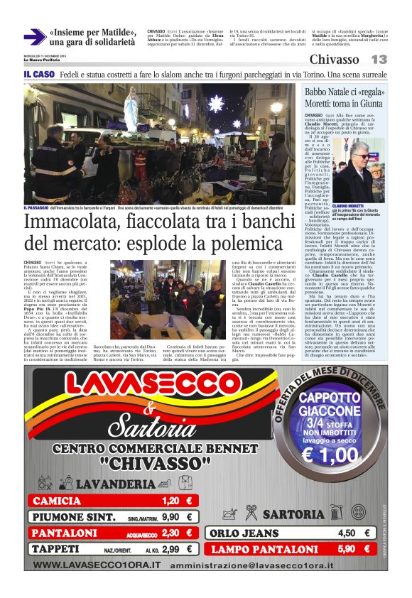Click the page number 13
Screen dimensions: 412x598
[x=379, y=60]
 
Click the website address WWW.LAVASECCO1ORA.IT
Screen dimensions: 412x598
[x=97, y=565]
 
